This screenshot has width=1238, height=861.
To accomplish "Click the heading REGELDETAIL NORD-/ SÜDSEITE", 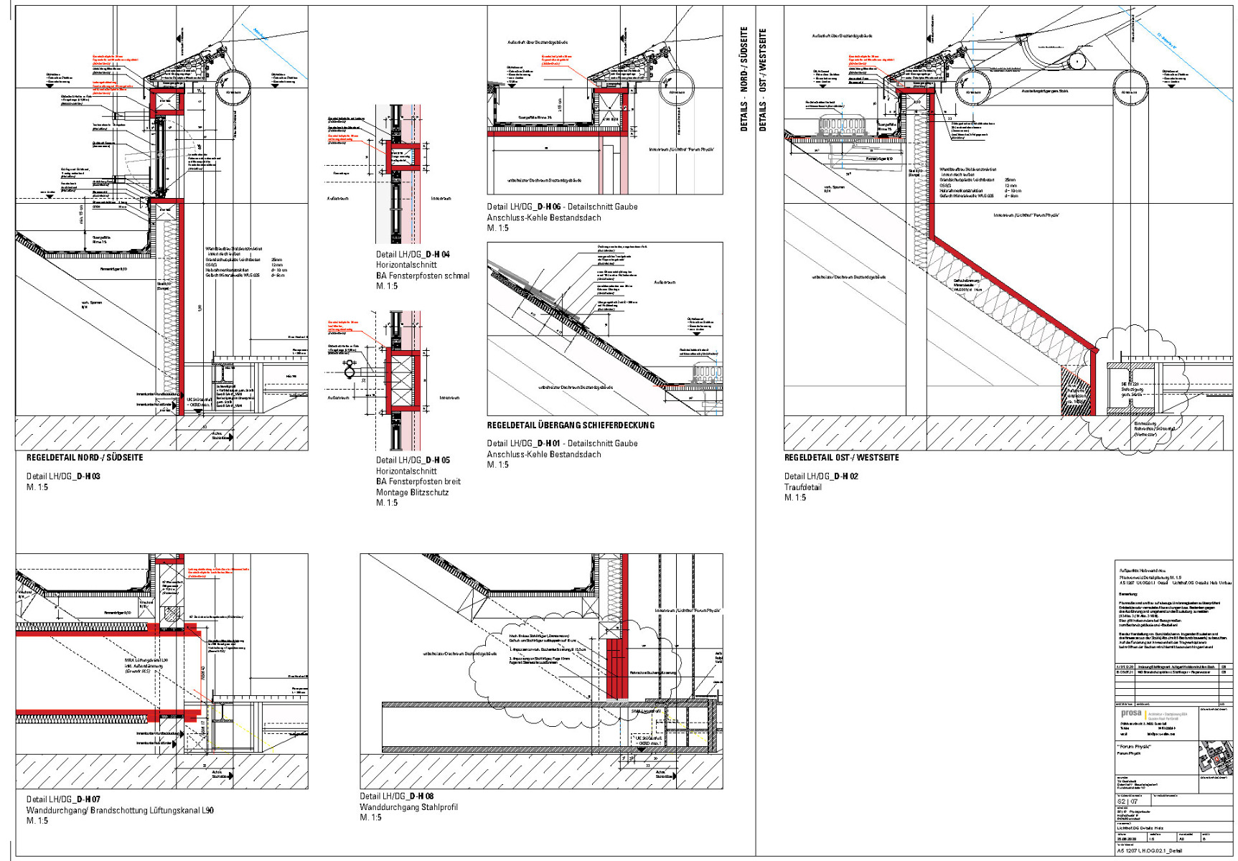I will coord(85,457).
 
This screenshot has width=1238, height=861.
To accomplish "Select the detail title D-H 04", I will coord(413,254).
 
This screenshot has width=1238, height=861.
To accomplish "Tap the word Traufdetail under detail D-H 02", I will coord(802,487).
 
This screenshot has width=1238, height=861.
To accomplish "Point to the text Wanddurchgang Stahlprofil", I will coord(408,807).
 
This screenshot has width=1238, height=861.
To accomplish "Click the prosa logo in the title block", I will coord(1130,713).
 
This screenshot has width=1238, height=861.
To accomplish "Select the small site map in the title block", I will coord(1214,758).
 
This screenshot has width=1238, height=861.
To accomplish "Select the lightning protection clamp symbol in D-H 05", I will coord(350,369).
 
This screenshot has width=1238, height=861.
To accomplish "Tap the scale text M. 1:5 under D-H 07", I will coord(37,821).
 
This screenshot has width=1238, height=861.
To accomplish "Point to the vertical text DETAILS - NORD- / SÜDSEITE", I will coord(744,79).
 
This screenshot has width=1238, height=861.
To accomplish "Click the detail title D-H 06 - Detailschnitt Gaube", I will coord(562,207).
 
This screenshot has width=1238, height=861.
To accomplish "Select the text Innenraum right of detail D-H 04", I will coord(441,198).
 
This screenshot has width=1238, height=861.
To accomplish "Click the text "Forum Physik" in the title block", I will coord(1134,747).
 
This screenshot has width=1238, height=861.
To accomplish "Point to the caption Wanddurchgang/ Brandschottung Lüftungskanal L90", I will coord(120,810).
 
